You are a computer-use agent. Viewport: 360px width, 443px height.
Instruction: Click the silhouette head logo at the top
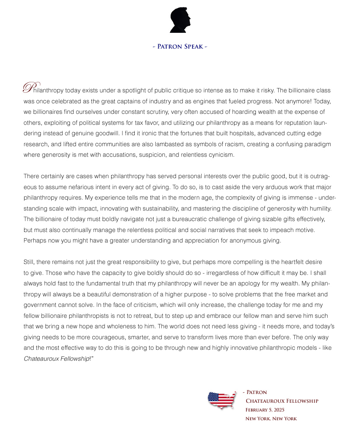[180, 21]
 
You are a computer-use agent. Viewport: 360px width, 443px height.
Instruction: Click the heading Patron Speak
[180, 46]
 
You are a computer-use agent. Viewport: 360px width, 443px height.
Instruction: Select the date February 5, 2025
[265, 410]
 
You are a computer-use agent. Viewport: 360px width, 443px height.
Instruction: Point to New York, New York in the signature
[271, 418]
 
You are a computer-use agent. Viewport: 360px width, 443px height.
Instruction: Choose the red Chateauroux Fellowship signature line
[282, 401]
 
